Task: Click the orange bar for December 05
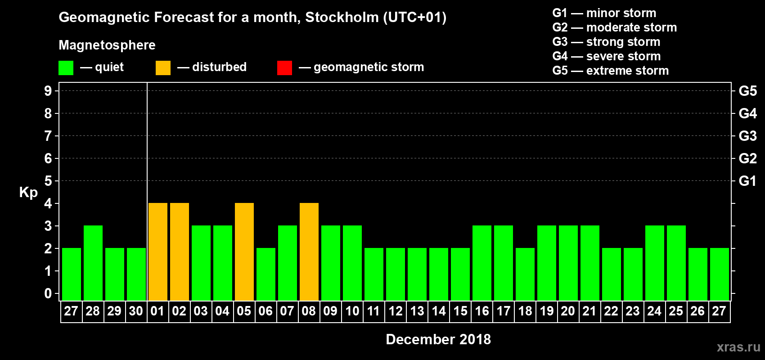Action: point(244,252)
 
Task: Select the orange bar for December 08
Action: point(309,252)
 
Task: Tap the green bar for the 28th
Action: point(93,263)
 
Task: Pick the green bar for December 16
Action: point(482,263)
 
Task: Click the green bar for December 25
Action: point(676,263)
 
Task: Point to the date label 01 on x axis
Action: point(157,311)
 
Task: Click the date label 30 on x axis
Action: point(136,311)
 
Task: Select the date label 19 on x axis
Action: point(547,311)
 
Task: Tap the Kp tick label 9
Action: point(48,91)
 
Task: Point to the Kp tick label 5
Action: point(48,181)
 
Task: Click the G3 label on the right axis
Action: point(747,136)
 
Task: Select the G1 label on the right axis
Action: point(747,181)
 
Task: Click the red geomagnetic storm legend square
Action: point(284,68)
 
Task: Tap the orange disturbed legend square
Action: point(163,68)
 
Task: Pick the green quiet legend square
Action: point(66,68)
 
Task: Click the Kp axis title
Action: point(28,193)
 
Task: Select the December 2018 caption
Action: point(438,339)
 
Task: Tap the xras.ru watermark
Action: point(738,347)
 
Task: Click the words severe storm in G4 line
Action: point(623,56)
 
